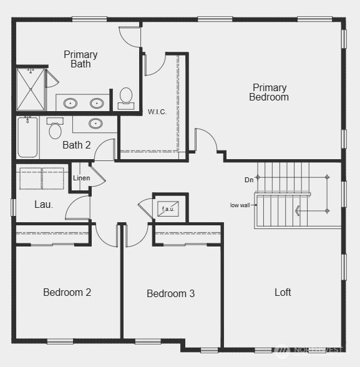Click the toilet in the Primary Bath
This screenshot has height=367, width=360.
(126, 99)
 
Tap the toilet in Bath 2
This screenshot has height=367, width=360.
(55, 128)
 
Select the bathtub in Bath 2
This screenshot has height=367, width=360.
(27, 137)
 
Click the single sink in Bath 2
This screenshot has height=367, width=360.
(95, 124)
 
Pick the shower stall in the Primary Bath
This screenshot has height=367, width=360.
(31, 89)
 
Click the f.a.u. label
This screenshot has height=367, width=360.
(168, 208)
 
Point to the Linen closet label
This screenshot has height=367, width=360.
(81, 178)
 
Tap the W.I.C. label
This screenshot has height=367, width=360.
(157, 112)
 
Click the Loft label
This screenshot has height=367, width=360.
(283, 292)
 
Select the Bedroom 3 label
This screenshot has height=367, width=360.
(170, 293)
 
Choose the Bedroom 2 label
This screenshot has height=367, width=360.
(67, 292)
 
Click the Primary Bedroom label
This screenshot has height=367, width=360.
(269, 92)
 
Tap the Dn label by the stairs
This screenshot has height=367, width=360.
(249, 180)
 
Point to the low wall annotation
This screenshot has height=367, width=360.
(240, 205)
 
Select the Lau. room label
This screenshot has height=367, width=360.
(44, 205)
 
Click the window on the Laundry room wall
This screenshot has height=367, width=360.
(13, 207)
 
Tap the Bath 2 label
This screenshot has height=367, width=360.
(77, 145)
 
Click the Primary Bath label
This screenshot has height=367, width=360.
(80, 59)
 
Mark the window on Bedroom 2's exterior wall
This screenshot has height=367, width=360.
(60, 341)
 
